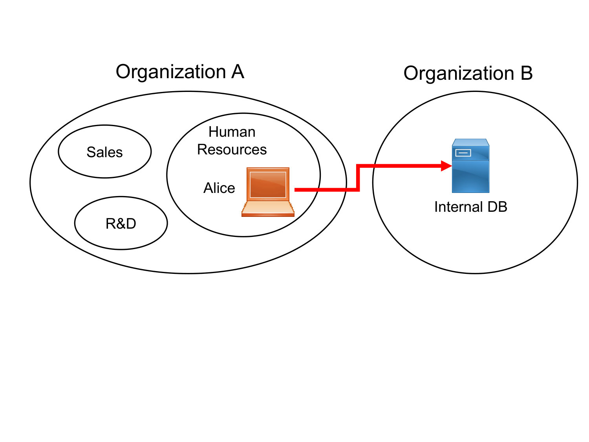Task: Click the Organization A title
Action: click(x=180, y=72)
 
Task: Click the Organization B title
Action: click(x=468, y=73)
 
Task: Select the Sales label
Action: click(x=105, y=152)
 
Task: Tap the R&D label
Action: click(x=121, y=223)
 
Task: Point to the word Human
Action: click(x=232, y=132)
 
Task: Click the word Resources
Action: click(x=232, y=149)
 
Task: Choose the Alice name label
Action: click(x=219, y=187)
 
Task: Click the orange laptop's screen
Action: click(x=268, y=185)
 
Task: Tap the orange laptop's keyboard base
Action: click(x=268, y=209)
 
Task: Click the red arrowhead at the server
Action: click(x=446, y=166)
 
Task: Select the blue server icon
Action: click(x=471, y=165)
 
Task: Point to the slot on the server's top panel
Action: click(x=463, y=153)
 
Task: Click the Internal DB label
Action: click(x=471, y=207)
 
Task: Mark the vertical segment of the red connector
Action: click(x=358, y=178)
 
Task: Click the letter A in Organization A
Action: click(x=238, y=72)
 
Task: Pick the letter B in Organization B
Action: click(x=527, y=73)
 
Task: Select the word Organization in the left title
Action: click(x=171, y=72)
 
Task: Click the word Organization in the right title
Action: click(x=459, y=73)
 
